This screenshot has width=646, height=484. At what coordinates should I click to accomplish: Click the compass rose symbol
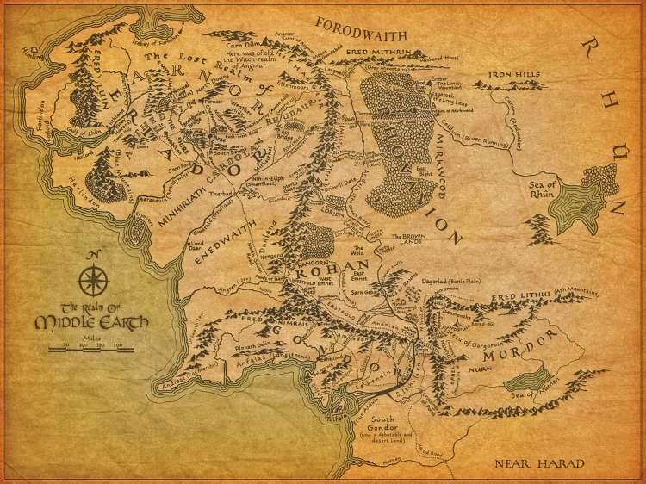point(91,280)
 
